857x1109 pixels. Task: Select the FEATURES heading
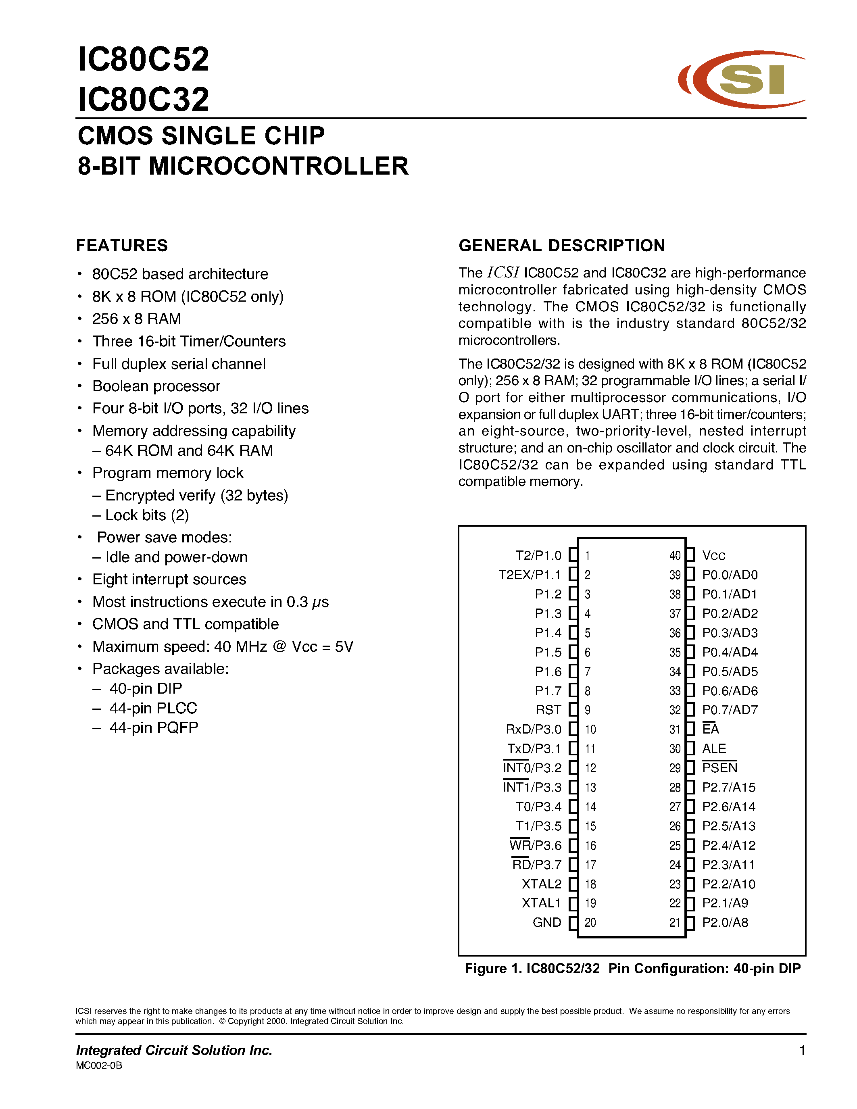pyautogui.click(x=122, y=246)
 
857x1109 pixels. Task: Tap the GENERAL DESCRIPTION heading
pyautogui.click(x=561, y=246)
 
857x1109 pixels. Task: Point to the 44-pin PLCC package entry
pyautogui.click(x=153, y=709)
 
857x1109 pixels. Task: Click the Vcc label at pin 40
pyautogui.click(x=713, y=556)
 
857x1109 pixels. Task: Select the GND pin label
pyautogui.click(x=547, y=923)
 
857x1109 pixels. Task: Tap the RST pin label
pyautogui.click(x=548, y=710)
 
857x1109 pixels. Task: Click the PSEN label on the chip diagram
pyautogui.click(x=719, y=768)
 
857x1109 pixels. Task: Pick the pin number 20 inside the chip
pyautogui.click(x=590, y=923)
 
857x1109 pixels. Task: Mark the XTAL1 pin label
pyautogui.click(x=541, y=903)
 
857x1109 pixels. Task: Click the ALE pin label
pyautogui.click(x=714, y=748)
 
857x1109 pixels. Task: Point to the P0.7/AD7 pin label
pyautogui.click(x=730, y=710)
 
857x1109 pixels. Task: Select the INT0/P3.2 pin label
pyautogui.click(x=532, y=768)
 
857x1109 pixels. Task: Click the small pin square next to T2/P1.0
pyautogui.click(x=573, y=555)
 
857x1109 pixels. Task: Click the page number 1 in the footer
pyautogui.click(x=802, y=1050)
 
